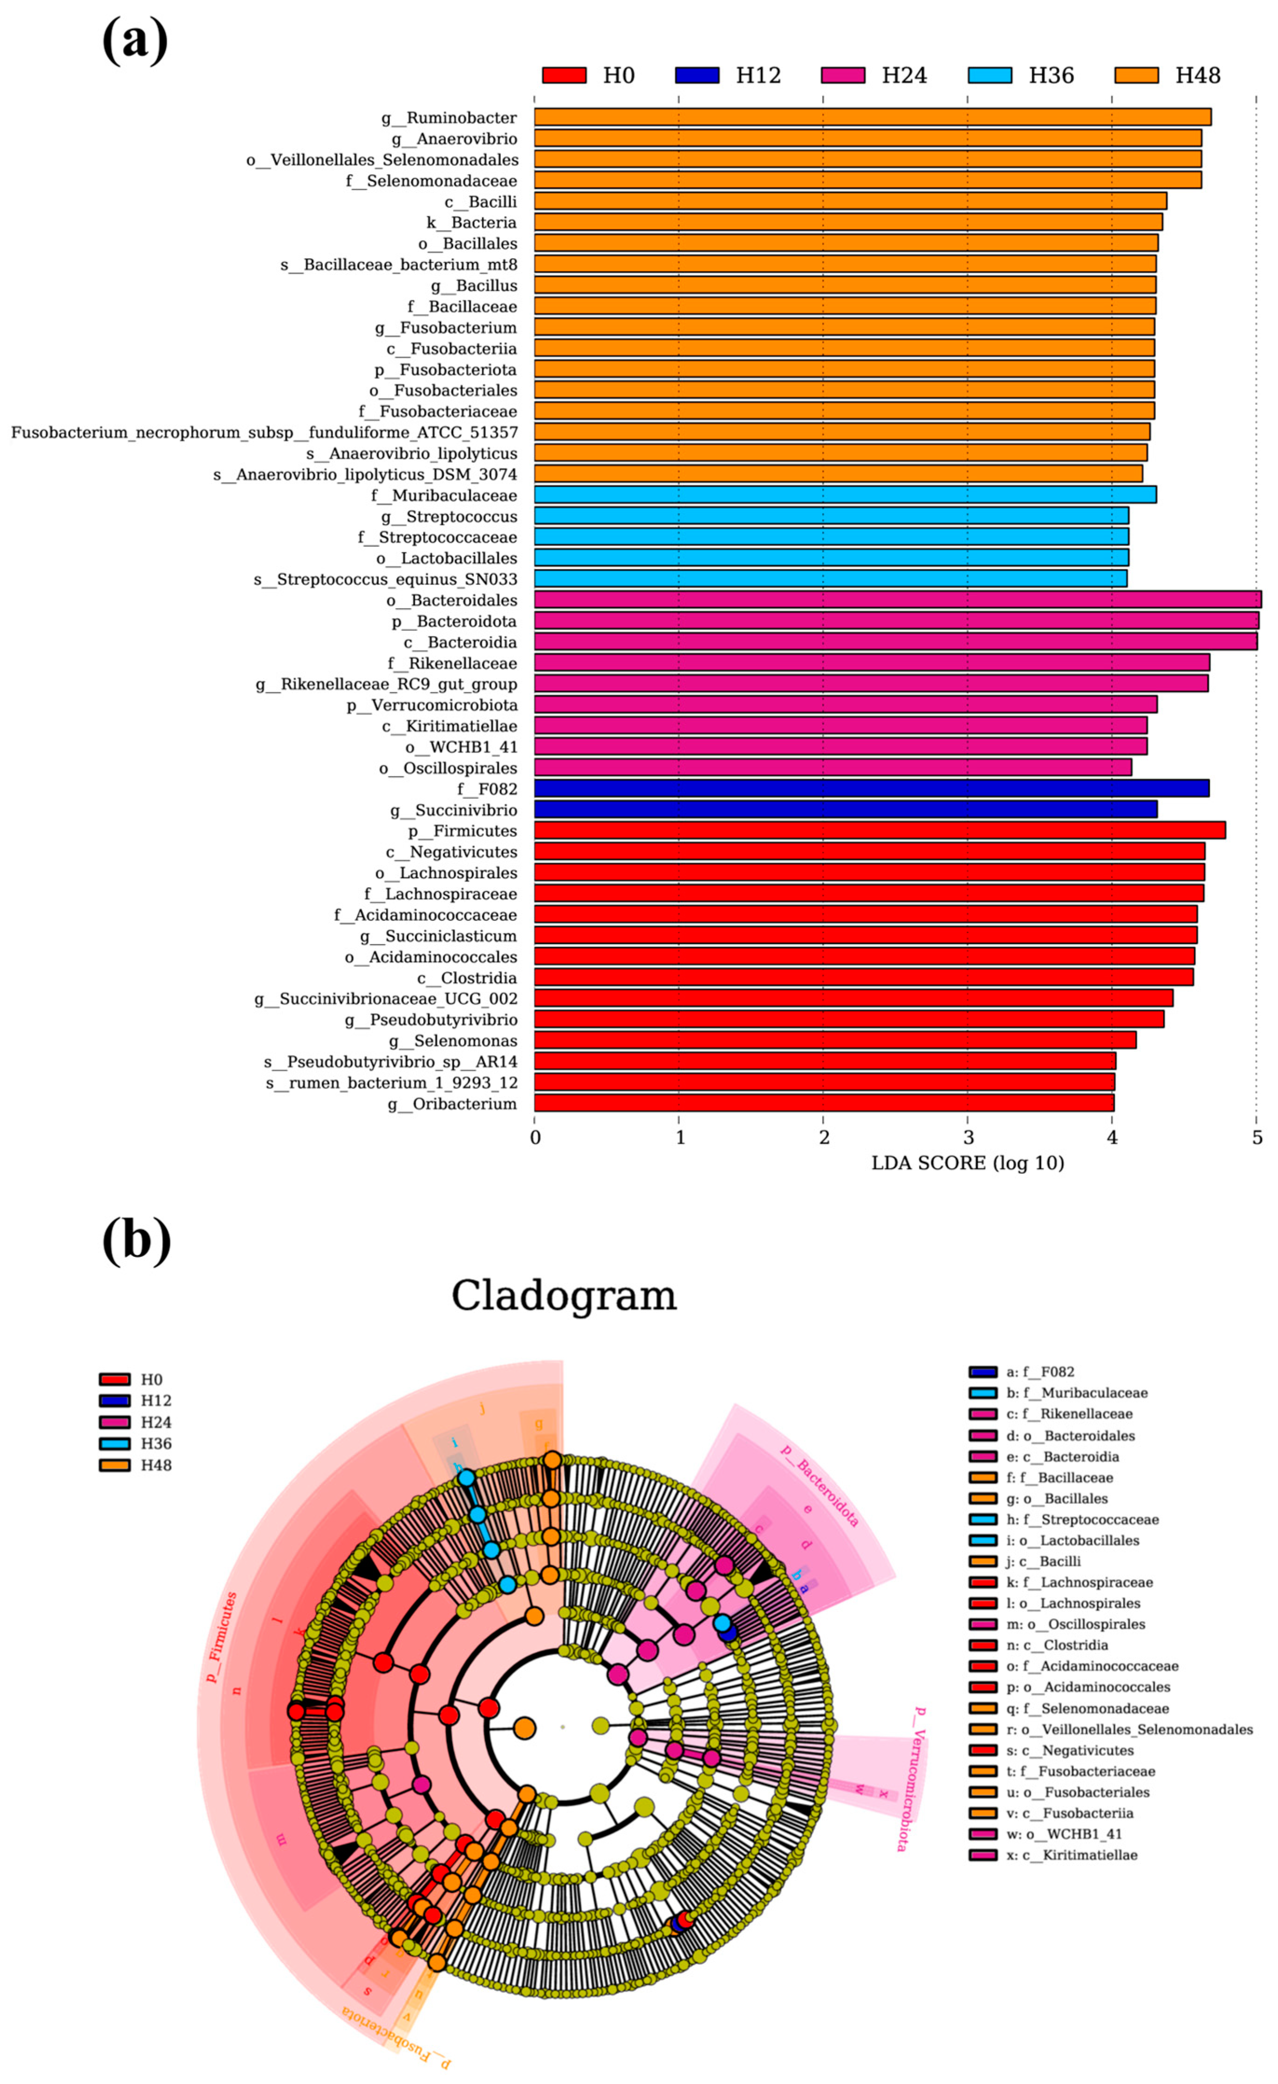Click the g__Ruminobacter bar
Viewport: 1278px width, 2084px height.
point(871,117)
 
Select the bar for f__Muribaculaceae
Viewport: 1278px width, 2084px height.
point(844,495)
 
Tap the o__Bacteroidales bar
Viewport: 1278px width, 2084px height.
point(896,600)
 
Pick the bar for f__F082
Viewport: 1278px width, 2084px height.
point(871,788)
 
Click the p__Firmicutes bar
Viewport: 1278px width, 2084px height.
point(880,830)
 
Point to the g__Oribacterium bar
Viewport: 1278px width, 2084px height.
point(824,1103)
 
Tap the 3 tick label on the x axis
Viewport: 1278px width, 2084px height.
point(968,1138)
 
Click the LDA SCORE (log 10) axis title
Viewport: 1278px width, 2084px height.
point(968,1163)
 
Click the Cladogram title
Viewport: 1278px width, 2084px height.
point(564,1295)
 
